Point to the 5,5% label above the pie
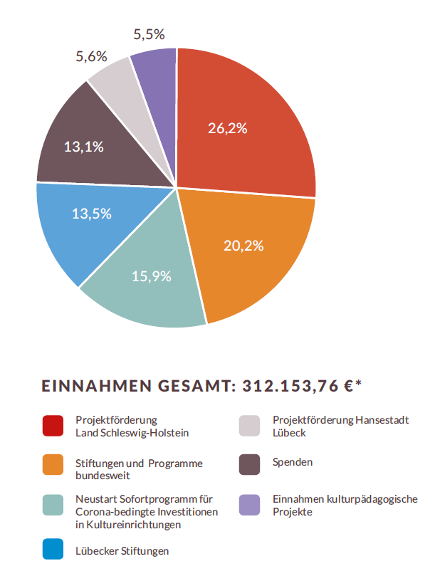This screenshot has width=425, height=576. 149,34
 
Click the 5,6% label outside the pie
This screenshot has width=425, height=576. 91,56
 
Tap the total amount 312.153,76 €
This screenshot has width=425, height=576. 298,386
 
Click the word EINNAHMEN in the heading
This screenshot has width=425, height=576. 97,386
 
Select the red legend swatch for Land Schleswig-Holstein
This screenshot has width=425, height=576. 53,426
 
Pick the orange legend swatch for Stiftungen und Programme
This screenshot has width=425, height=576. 53,465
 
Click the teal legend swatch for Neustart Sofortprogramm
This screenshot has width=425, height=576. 53,505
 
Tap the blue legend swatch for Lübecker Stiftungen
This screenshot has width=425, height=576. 53,549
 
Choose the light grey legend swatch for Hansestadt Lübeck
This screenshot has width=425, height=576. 249,426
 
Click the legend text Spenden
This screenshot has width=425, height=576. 293,462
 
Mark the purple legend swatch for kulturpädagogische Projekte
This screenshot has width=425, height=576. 249,505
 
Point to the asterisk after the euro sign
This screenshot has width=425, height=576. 359,383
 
